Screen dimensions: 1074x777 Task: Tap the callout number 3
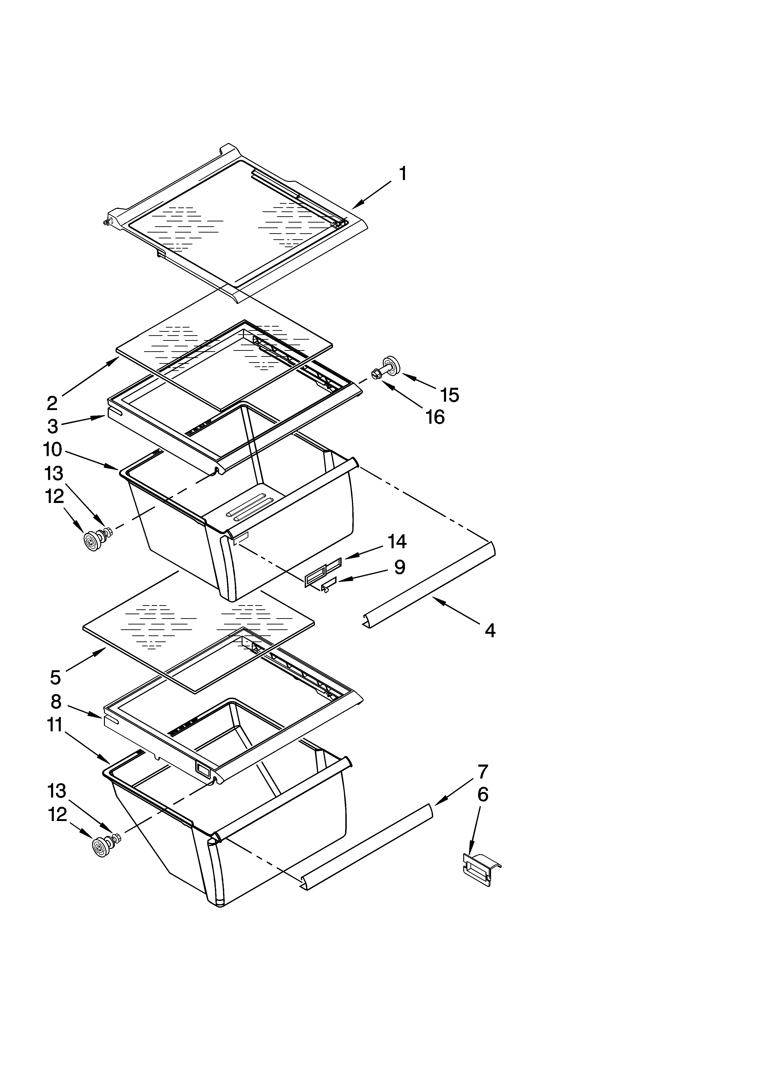tap(52, 426)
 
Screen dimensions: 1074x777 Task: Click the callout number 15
tap(450, 394)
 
